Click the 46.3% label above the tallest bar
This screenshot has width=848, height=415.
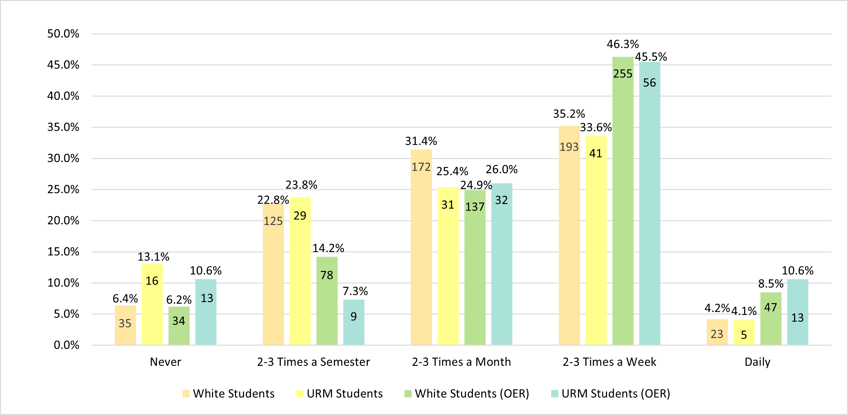point(622,44)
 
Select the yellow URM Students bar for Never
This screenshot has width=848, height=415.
point(152,304)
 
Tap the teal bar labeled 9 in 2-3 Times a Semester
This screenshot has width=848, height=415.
point(354,322)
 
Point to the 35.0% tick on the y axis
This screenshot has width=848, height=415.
point(63,127)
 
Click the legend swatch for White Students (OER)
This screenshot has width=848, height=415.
point(408,394)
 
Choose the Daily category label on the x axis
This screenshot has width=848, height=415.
point(757,362)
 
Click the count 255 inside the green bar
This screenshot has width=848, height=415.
point(622,74)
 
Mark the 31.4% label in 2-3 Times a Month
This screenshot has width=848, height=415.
point(421,141)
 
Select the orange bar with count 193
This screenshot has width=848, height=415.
point(569,235)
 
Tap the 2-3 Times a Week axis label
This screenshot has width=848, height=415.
point(609,362)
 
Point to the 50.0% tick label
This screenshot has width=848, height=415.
point(63,34)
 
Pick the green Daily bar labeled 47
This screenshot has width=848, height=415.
point(771,319)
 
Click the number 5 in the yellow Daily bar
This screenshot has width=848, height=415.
point(744,335)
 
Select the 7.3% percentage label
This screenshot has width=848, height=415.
point(355,291)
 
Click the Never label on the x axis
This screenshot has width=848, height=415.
point(165,362)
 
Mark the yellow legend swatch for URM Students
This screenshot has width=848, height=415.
point(300,394)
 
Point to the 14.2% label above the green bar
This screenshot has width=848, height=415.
point(328,248)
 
